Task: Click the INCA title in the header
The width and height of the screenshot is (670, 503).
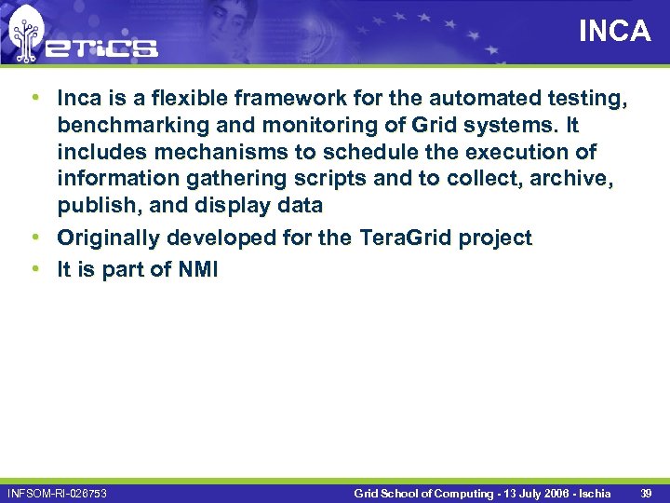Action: (x=614, y=32)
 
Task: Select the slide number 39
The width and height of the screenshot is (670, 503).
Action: (x=646, y=493)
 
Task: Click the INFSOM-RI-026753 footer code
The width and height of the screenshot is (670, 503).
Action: (x=57, y=493)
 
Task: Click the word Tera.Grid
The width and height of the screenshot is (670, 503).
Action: (x=398, y=238)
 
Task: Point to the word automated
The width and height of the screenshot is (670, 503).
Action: (x=480, y=98)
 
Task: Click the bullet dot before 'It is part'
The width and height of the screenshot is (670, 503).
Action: (x=34, y=270)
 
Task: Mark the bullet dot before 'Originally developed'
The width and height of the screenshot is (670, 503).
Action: (x=34, y=238)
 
